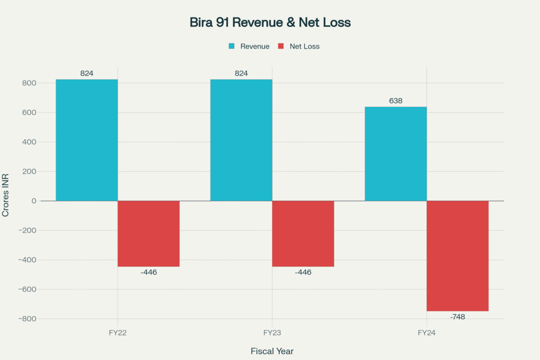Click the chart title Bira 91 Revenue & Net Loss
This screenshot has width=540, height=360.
pos(270,23)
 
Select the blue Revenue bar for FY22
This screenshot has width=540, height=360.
pos(86,140)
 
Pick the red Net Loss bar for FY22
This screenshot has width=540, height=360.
pos(148,233)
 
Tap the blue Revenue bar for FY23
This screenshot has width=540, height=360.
pos(241,140)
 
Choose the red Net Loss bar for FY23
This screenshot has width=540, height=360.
pos(303,233)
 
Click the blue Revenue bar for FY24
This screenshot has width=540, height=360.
pos(396,153)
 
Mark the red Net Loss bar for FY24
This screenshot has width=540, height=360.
pos(457,256)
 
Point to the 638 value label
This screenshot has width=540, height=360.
pos(396,101)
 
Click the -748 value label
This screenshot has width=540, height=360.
pos(457,317)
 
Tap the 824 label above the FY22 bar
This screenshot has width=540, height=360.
pos(86,73)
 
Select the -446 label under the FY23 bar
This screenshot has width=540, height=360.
pos(303,273)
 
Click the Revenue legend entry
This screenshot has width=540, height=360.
pos(249,46)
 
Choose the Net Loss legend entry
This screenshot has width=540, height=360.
pos(298,46)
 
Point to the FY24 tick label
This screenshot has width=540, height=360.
pos(426,333)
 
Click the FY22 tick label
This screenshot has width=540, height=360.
pos(117,333)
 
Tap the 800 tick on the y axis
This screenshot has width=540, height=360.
pos(29,83)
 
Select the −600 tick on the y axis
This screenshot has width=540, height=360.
pos(27,289)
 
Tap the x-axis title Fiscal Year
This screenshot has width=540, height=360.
pos(272,351)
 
